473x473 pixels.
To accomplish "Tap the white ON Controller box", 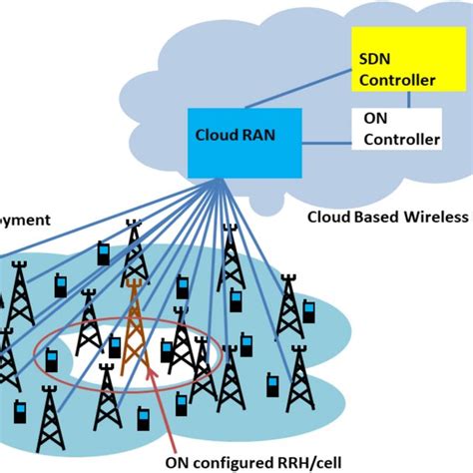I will point(398,130).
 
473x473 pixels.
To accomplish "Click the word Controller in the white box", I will point(399,140).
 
